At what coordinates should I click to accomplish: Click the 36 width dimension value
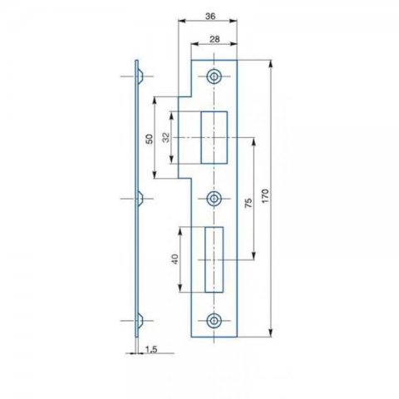click(x=210, y=17)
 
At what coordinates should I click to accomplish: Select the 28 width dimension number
click(x=214, y=39)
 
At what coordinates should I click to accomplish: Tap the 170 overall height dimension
click(x=265, y=196)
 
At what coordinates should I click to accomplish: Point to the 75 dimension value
click(x=249, y=203)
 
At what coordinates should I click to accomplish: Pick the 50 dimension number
click(x=150, y=139)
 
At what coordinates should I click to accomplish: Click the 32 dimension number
click(x=165, y=137)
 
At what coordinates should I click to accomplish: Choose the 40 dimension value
click(x=175, y=259)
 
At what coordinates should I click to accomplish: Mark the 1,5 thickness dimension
click(x=151, y=349)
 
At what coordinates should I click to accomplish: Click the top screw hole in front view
click(x=214, y=76)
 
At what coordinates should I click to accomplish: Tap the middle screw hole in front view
click(x=214, y=199)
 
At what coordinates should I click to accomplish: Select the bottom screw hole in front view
click(x=214, y=321)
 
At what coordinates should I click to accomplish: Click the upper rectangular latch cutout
click(x=214, y=137)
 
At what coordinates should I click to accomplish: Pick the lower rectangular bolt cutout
click(x=214, y=259)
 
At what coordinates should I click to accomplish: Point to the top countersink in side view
click(x=140, y=76)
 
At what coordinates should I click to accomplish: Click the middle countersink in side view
click(x=140, y=199)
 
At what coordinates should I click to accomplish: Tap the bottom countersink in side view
click(x=140, y=321)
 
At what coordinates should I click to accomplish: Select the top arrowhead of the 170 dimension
click(x=271, y=64)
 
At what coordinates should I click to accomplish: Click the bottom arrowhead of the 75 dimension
click(x=254, y=256)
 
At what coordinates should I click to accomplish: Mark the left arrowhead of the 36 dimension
click(x=182, y=21)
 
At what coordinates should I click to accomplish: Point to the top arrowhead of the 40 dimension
click(x=180, y=231)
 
